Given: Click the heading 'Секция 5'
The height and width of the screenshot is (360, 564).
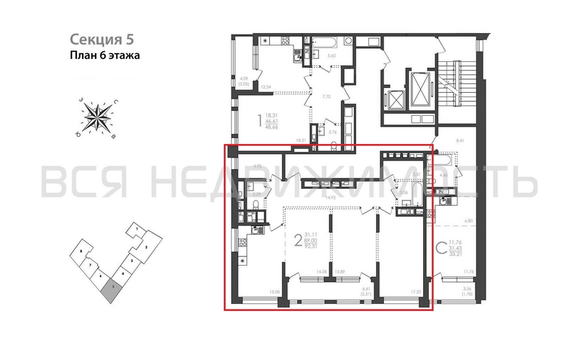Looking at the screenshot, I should point(101,38).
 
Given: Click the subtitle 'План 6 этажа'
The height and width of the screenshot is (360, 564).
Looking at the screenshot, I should point(104,55).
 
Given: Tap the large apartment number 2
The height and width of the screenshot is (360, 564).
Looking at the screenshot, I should point(297,240).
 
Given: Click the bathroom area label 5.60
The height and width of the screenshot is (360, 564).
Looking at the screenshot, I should point(332,55).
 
